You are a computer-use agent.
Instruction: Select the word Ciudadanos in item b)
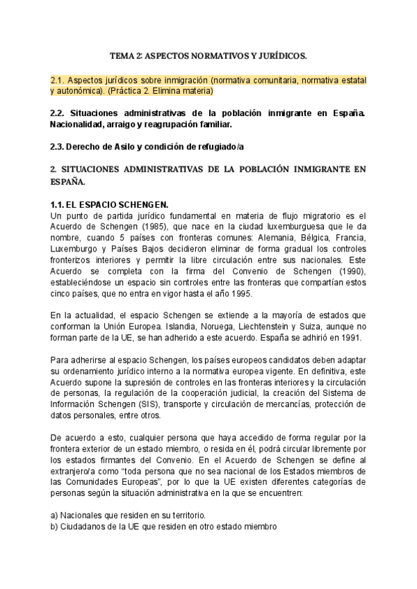pos(87,526)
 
